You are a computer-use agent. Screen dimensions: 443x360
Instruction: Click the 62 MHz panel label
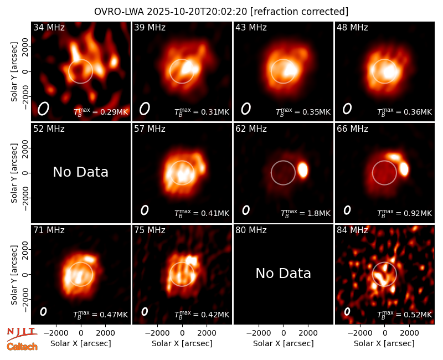pos(251,129)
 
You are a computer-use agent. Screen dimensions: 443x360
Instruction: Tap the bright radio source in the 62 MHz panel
pos(303,170)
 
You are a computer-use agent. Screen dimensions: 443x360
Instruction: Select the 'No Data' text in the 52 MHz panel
pos(80,172)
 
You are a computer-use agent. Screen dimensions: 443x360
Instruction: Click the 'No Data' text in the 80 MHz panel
pos(283,273)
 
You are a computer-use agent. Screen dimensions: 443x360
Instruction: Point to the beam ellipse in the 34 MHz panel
pos(43,109)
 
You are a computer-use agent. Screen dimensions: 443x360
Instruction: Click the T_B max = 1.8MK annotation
pos(306,213)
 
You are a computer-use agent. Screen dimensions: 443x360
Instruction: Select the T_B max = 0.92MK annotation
pos(405,213)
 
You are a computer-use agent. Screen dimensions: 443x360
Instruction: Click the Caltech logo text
pos(22,347)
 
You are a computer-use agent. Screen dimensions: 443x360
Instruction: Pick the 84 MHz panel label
pos(352,230)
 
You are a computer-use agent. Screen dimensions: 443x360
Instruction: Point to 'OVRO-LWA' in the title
pos(119,12)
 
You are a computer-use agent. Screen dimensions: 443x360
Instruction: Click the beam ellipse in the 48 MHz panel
pos(347,109)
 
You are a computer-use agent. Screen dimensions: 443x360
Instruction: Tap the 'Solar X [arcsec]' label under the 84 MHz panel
pos(384,343)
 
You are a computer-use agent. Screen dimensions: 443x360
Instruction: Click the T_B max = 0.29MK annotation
pos(101,112)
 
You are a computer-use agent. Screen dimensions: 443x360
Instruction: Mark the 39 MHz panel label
pos(150,27)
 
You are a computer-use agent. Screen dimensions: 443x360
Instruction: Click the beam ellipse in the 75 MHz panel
pos(145,311)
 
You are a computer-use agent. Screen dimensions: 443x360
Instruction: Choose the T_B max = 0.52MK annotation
pos(405,315)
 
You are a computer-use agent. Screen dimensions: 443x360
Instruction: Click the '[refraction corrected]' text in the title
pos(299,12)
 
